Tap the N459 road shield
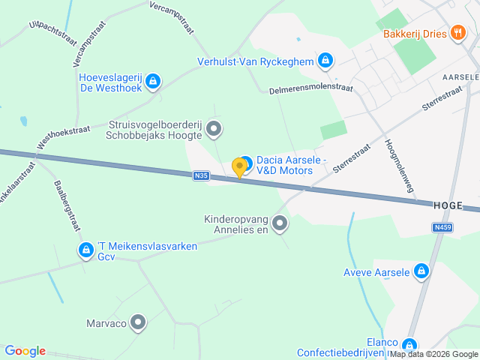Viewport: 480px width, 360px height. click(x=442, y=226)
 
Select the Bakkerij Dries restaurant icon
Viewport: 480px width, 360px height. click(x=457, y=33)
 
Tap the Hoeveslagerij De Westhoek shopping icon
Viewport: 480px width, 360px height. click(x=153, y=81)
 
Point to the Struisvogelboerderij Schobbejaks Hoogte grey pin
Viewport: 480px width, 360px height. click(x=214, y=130)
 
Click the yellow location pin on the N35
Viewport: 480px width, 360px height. click(x=240, y=167)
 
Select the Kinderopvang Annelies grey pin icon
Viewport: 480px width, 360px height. click(x=280, y=223)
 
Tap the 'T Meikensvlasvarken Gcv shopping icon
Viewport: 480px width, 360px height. click(x=86, y=250)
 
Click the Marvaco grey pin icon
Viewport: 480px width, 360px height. click(x=138, y=323)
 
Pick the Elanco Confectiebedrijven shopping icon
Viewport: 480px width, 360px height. click(x=409, y=345)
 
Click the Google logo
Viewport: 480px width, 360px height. click(x=25, y=351)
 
